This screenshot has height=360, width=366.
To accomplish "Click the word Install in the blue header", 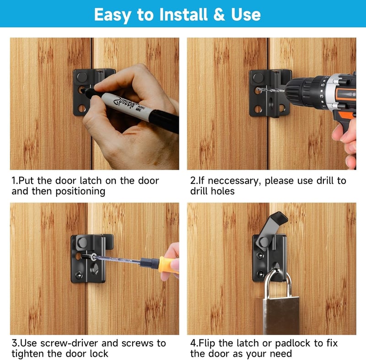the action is tap(183, 15).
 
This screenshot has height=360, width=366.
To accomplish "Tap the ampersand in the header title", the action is tap(219, 15).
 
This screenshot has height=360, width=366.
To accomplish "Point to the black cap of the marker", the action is tap(164, 121).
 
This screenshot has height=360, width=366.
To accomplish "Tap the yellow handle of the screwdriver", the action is tap(168, 265).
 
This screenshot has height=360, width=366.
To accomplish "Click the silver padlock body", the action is tap(281, 316).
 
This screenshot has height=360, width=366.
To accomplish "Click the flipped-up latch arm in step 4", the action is tap(270, 230).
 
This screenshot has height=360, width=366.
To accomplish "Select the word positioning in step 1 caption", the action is tap(81, 191).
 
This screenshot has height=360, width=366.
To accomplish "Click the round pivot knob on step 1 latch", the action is tap(82, 77).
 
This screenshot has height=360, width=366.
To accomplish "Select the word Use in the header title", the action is tap(246, 15).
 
